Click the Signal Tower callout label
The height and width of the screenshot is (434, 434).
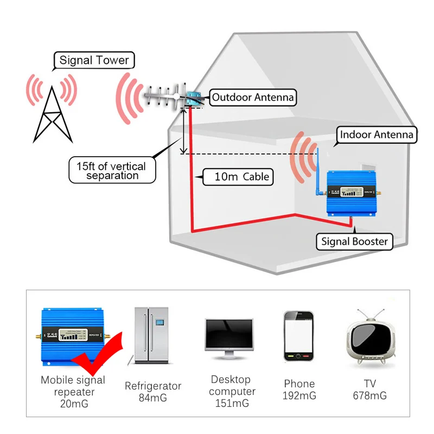pyautogui.click(x=94, y=60)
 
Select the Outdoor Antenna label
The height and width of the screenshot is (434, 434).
pyautogui.click(x=253, y=98)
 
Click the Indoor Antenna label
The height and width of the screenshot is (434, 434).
pyautogui.click(x=376, y=135)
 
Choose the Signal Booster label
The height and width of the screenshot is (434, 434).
pyautogui.click(x=355, y=241)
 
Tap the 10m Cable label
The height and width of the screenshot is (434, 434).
pyautogui.click(x=240, y=176)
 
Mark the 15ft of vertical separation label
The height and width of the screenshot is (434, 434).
pyautogui.click(x=112, y=170)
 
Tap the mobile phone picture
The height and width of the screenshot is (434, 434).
pyautogui.click(x=299, y=337)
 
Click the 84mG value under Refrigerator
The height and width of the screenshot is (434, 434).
pyautogui.click(x=153, y=398)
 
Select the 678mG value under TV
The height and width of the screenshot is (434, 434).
pyautogui.click(x=369, y=396)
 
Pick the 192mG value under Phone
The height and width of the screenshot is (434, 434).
pyautogui.click(x=299, y=396)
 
